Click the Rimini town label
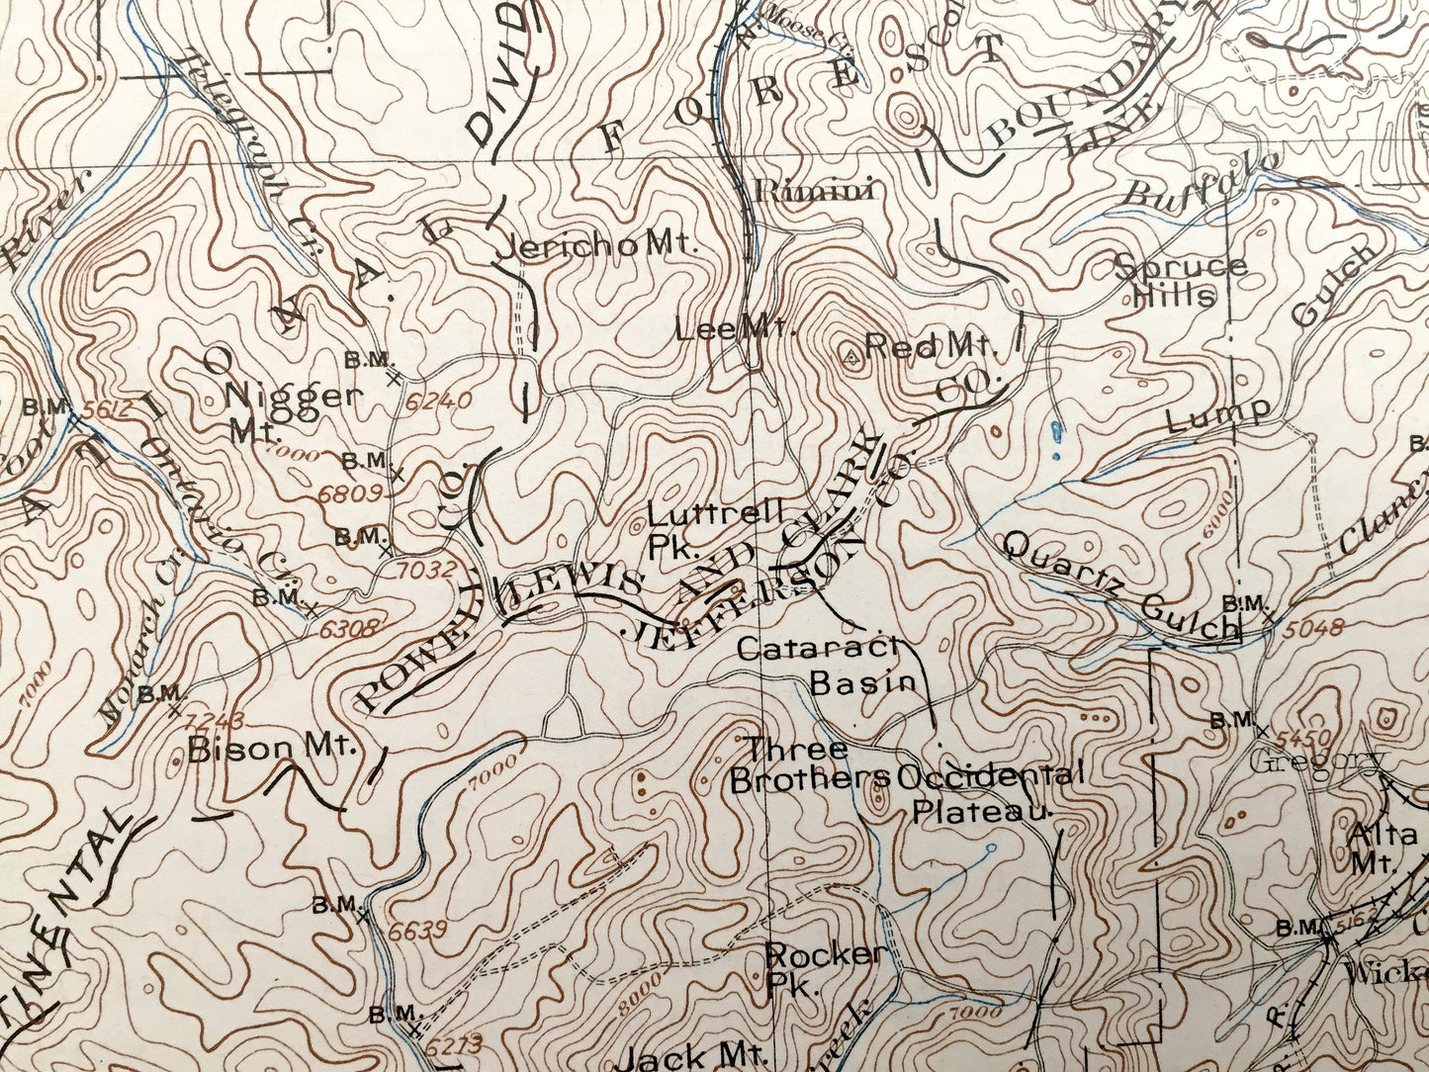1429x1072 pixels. (814, 190)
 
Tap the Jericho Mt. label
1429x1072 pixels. (596, 247)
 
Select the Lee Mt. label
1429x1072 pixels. (736, 329)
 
